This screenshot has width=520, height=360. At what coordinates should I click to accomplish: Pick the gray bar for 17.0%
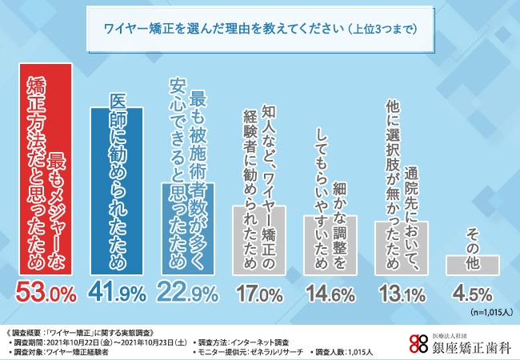coord(258,239)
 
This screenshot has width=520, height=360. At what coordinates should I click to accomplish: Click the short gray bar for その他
coord(472,264)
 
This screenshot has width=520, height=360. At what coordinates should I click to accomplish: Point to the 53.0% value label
coord(46,293)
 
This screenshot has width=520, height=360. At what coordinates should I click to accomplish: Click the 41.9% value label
coord(117,293)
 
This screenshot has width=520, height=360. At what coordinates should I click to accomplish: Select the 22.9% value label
coord(187,293)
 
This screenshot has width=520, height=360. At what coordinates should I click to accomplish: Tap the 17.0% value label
coord(258,294)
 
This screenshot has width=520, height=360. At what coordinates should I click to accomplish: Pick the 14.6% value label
coord(330,294)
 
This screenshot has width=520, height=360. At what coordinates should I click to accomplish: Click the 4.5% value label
coord(472,294)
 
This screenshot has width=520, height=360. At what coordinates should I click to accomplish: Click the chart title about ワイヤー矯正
coord(260,29)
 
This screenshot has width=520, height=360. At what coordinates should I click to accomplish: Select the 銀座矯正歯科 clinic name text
coord(464,343)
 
